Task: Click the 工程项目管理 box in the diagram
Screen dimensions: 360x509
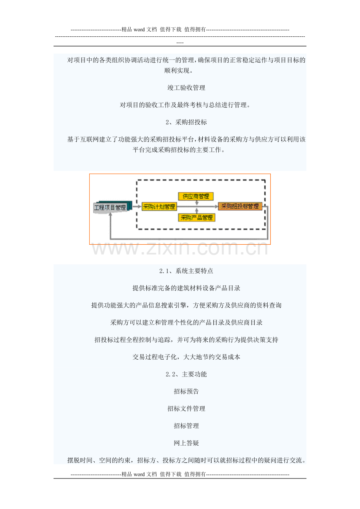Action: [110, 207]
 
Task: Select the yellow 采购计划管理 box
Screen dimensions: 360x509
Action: [159, 206]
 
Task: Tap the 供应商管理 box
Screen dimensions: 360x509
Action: [196, 196]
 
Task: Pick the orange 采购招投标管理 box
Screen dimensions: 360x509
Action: [240, 206]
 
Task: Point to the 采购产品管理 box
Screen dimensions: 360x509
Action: [196, 218]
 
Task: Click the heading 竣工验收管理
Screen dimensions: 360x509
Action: [186, 88]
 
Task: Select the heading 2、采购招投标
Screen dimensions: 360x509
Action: [186, 122]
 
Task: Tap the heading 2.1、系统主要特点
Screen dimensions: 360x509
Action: [186, 271]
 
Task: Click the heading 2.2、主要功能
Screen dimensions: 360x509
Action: [186, 374]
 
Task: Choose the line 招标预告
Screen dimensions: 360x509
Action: [186, 391]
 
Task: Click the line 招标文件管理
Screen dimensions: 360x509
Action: [186, 409]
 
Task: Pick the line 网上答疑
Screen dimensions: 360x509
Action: [186, 443]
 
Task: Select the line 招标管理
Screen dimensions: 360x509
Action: [186, 426]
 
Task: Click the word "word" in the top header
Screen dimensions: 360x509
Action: [139, 30]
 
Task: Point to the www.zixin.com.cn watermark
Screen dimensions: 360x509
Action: [180, 248]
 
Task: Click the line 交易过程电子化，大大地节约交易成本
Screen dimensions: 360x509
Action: [186, 357]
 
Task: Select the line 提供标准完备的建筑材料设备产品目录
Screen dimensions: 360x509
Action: [186, 288]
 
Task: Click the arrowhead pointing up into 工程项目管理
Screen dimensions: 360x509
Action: [110, 214]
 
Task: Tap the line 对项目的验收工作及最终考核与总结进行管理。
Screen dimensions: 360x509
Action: [185, 105]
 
